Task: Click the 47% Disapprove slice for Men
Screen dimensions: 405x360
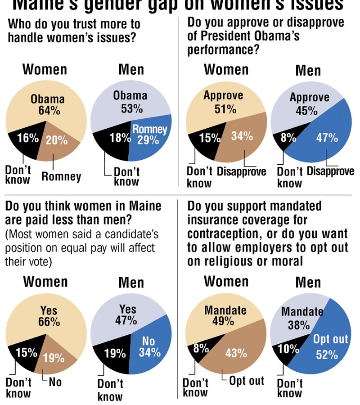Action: (326, 135)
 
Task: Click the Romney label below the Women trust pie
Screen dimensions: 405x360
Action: (61, 176)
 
